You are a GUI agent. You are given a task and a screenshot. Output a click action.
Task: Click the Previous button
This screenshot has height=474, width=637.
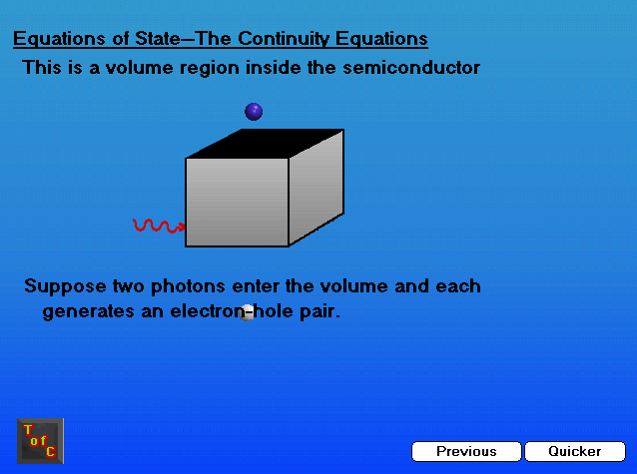click(x=466, y=451)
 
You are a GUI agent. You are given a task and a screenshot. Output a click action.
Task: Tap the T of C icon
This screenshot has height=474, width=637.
click(x=40, y=441)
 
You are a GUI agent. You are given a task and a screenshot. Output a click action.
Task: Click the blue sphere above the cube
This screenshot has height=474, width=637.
click(x=254, y=112)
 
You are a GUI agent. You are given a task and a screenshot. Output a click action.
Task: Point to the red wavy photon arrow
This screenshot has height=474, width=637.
click(x=159, y=226)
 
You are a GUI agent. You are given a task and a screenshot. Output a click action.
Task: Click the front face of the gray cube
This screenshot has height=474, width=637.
click(x=237, y=203)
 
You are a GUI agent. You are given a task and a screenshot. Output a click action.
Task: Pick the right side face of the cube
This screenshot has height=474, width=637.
click(x=317, y=187)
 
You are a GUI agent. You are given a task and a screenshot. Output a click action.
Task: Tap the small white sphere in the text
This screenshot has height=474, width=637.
click(x=247, y=312)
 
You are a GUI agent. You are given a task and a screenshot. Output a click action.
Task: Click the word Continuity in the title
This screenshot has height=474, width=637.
click(x=284, y=39)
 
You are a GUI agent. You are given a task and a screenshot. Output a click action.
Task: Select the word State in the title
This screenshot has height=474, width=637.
click(x=157, y=39)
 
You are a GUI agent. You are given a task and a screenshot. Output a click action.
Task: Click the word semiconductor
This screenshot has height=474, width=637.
click(x=411, y=68)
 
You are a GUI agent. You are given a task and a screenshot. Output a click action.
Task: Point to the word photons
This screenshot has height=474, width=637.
click(x=188, y=286)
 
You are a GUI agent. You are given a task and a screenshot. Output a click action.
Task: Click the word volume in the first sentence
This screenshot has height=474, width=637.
click(x=140, y=68)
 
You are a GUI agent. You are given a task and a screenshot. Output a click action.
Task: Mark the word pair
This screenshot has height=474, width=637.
click(x=319, y=312)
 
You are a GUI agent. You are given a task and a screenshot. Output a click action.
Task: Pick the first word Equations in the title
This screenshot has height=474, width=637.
click(x=60, y=39)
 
